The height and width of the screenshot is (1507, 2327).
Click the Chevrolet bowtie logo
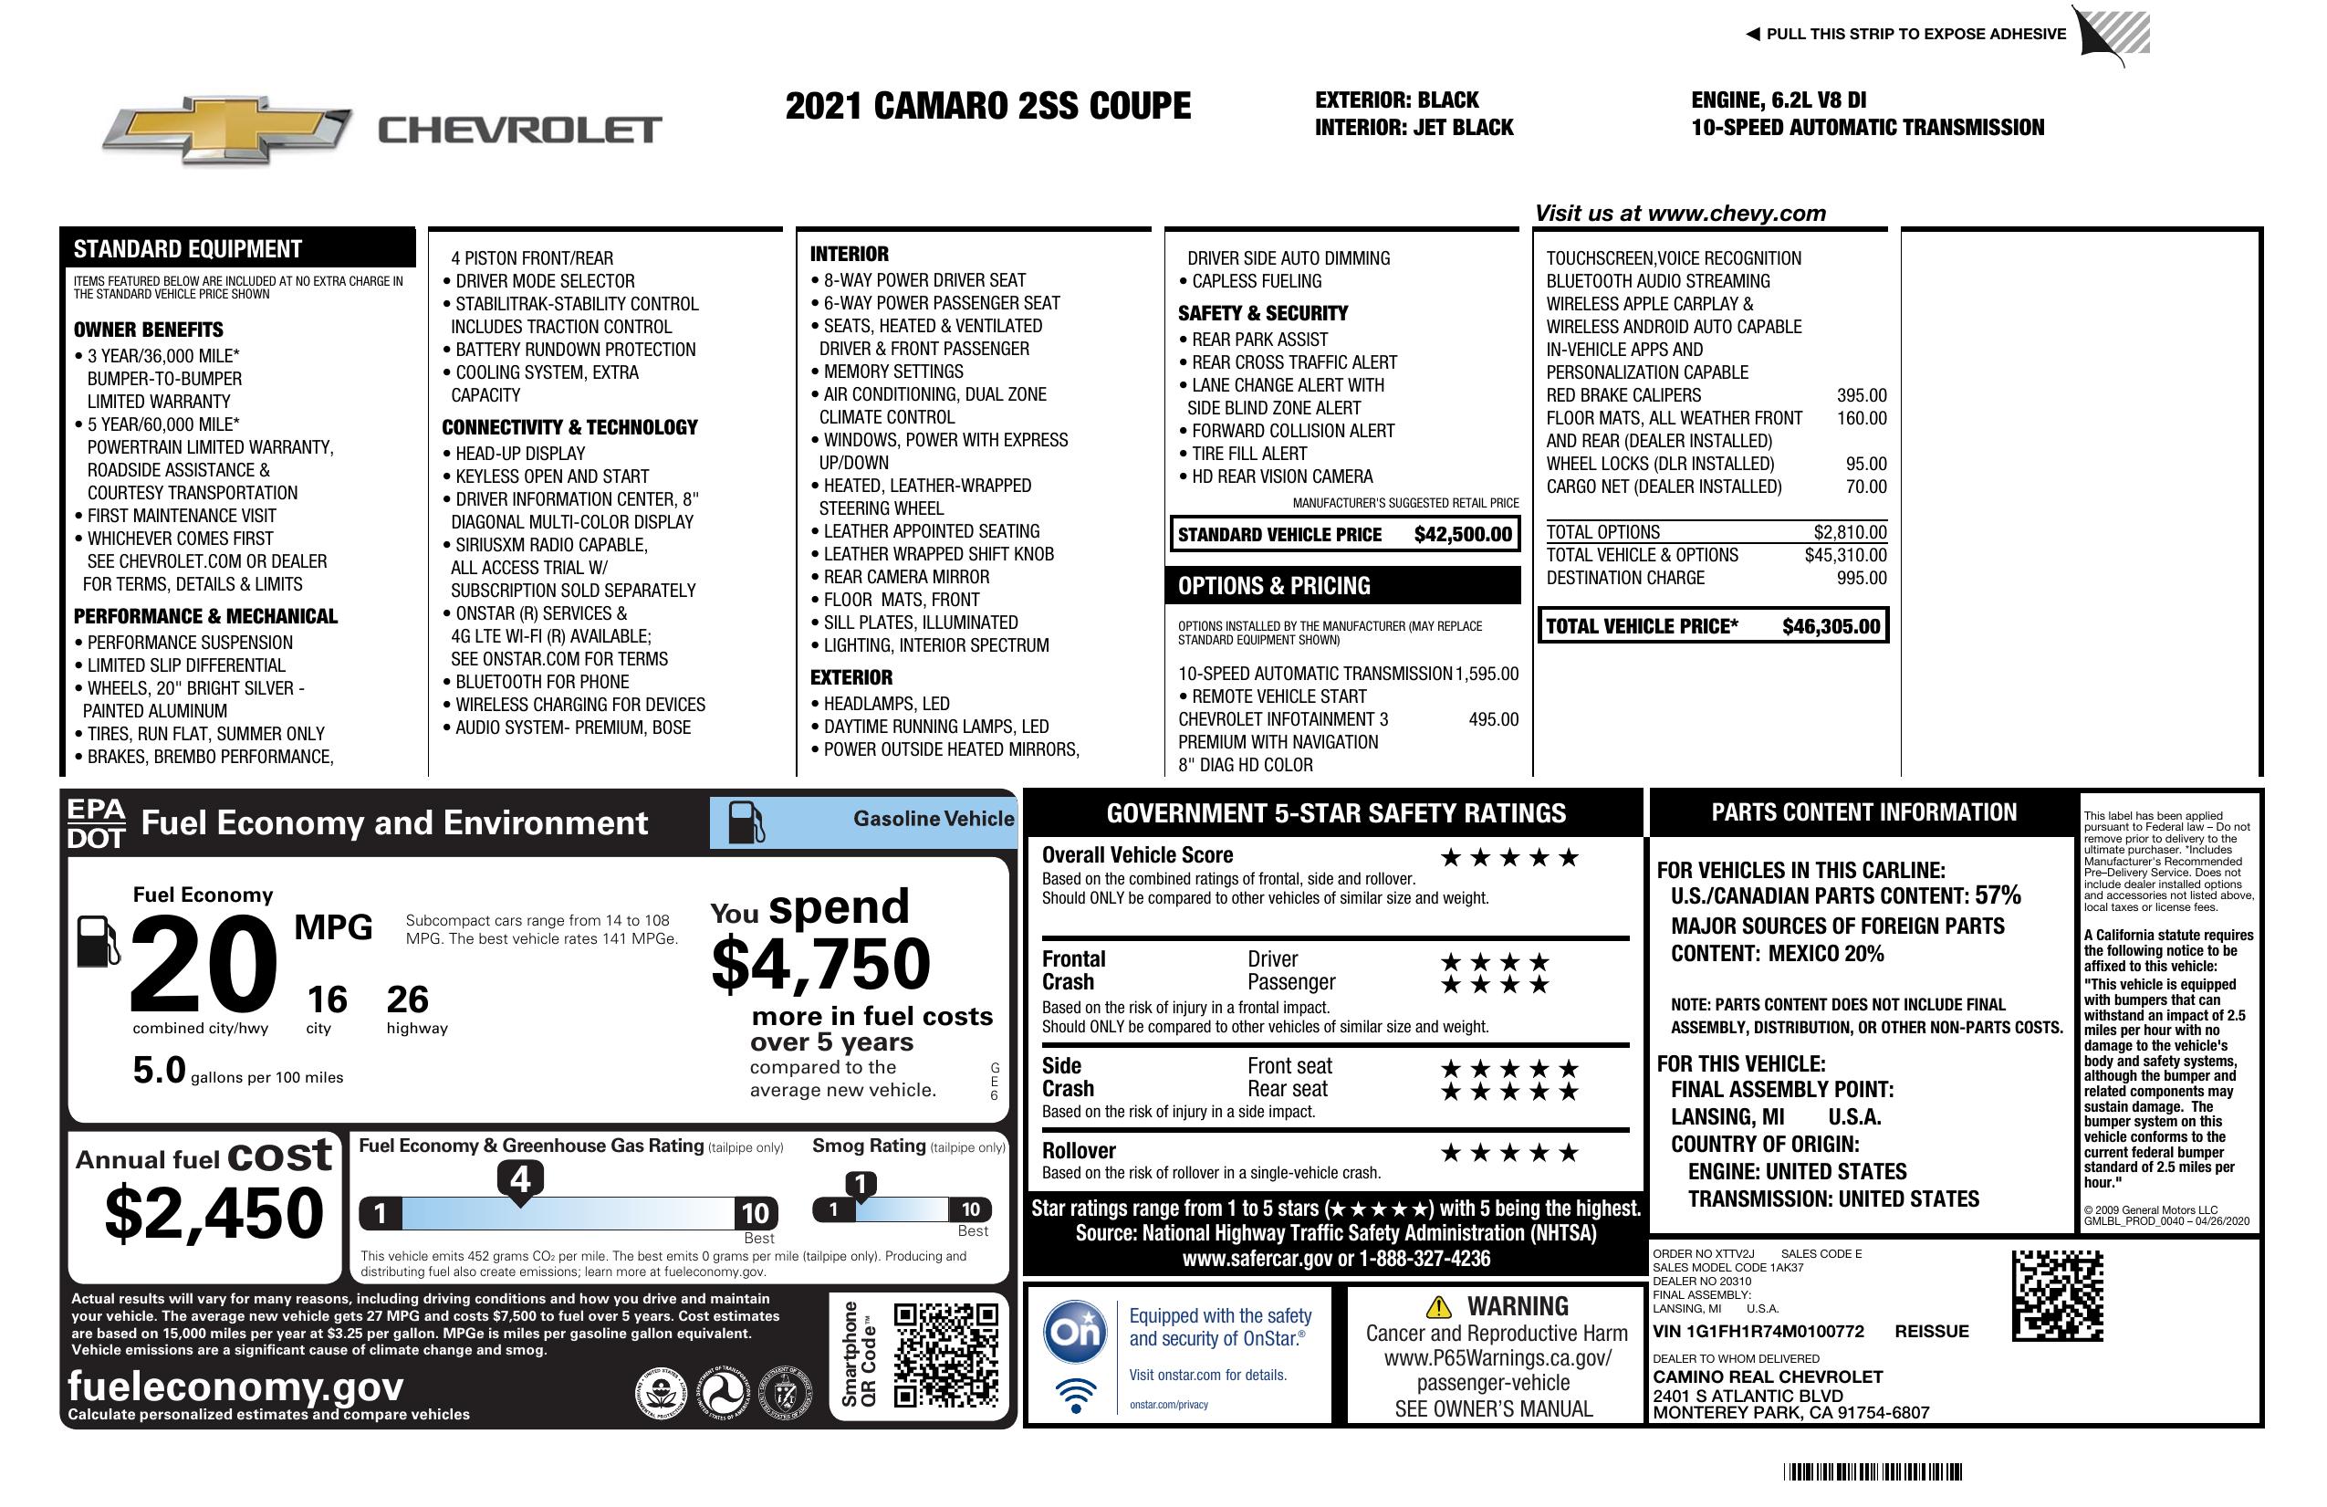coord(227,130)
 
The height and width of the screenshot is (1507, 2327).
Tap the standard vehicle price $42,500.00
coord(1462,535)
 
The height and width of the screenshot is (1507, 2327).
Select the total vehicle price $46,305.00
coord(1831,627)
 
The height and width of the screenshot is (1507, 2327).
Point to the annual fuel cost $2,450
coord(214,1214)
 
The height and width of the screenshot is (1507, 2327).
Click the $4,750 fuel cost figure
coord(820,965)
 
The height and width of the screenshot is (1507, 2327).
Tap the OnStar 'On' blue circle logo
coord(1075,1331)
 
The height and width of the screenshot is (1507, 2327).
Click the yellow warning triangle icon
coord(1438,1306)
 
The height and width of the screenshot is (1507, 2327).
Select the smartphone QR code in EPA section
coord(945,1355)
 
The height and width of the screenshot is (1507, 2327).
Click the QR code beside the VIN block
coord(2057,1295)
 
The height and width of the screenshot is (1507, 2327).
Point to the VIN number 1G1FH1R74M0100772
coord(1758,1332)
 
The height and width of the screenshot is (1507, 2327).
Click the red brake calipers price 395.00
coord(1861,395)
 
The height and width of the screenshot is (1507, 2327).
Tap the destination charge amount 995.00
coord(1861,578)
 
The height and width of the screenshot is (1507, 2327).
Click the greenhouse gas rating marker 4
coord(520,1179)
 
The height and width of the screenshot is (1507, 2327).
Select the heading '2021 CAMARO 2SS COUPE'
coord(987,107)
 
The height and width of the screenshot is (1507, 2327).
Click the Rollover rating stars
coord(1508,1153)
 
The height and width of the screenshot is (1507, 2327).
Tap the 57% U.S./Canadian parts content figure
coord(1997,895)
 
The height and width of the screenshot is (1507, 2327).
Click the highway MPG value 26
coord(407,999)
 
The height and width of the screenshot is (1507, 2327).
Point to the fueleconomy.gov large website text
coord(235,1387)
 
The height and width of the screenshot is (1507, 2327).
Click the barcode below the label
coord(1872,1471)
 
